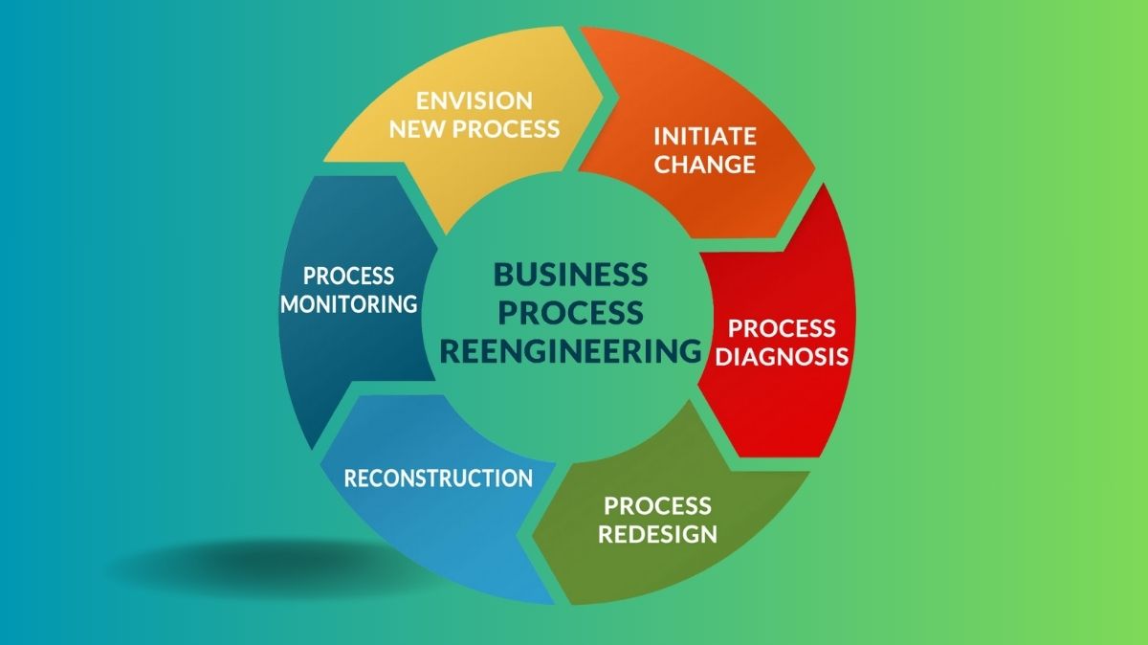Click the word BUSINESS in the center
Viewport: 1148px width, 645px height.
coord(570,275)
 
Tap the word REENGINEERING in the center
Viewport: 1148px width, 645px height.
coord(570,350)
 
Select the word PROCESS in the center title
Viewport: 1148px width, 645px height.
coord(570,312)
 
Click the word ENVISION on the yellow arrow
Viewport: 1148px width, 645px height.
coord(474,100)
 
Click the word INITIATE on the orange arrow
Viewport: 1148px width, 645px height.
coord(704,135)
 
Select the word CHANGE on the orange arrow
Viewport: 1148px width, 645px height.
coord(705,164)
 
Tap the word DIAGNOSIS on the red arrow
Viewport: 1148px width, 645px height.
coord(783,357)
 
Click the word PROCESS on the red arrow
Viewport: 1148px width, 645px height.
coord(782,328)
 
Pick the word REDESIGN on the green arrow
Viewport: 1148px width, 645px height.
coord(657,533)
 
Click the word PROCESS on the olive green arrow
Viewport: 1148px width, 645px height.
coord(657,504)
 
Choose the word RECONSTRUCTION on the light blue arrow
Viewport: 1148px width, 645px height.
coord(438,478)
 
